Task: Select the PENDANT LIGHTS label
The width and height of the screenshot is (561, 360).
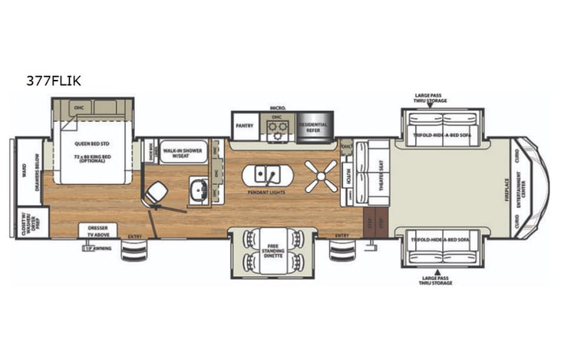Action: tap(267, 193)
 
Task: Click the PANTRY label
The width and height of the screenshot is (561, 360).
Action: tap(245, 126)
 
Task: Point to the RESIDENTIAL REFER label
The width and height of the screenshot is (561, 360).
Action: tap(312, 127)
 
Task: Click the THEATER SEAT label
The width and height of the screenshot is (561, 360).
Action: tap(376, 176)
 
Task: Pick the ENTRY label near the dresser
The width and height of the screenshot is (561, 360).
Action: tap(135, 236)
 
